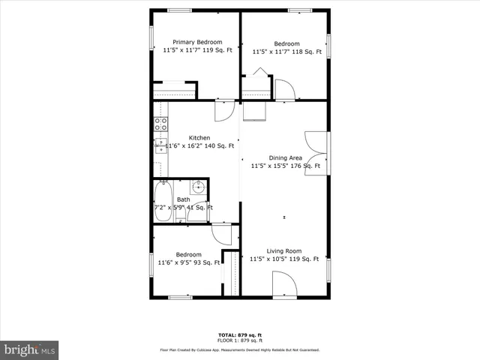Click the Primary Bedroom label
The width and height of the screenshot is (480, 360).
point(197,42)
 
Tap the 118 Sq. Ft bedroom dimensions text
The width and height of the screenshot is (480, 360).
point(286,52)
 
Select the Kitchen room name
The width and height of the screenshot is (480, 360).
point(199,137)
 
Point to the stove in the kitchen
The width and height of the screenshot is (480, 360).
point(160,124)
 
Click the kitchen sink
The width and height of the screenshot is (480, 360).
point(160,146)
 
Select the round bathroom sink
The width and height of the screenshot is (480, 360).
point(198,187)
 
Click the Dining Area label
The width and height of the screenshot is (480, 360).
point(285,157)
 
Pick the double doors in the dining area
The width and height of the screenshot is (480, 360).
point(316,153)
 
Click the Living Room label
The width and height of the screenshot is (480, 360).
point(284,251)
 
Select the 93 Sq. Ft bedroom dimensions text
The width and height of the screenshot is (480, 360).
point(189,262)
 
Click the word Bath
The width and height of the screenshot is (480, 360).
point(184,199)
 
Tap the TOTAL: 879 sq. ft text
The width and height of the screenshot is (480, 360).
point(240,334)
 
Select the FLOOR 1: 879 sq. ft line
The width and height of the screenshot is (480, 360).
point(240,340)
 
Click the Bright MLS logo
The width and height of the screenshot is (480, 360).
point(30,349)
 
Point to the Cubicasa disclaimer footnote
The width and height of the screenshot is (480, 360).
point(240,349)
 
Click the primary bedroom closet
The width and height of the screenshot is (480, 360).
point(174,91)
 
